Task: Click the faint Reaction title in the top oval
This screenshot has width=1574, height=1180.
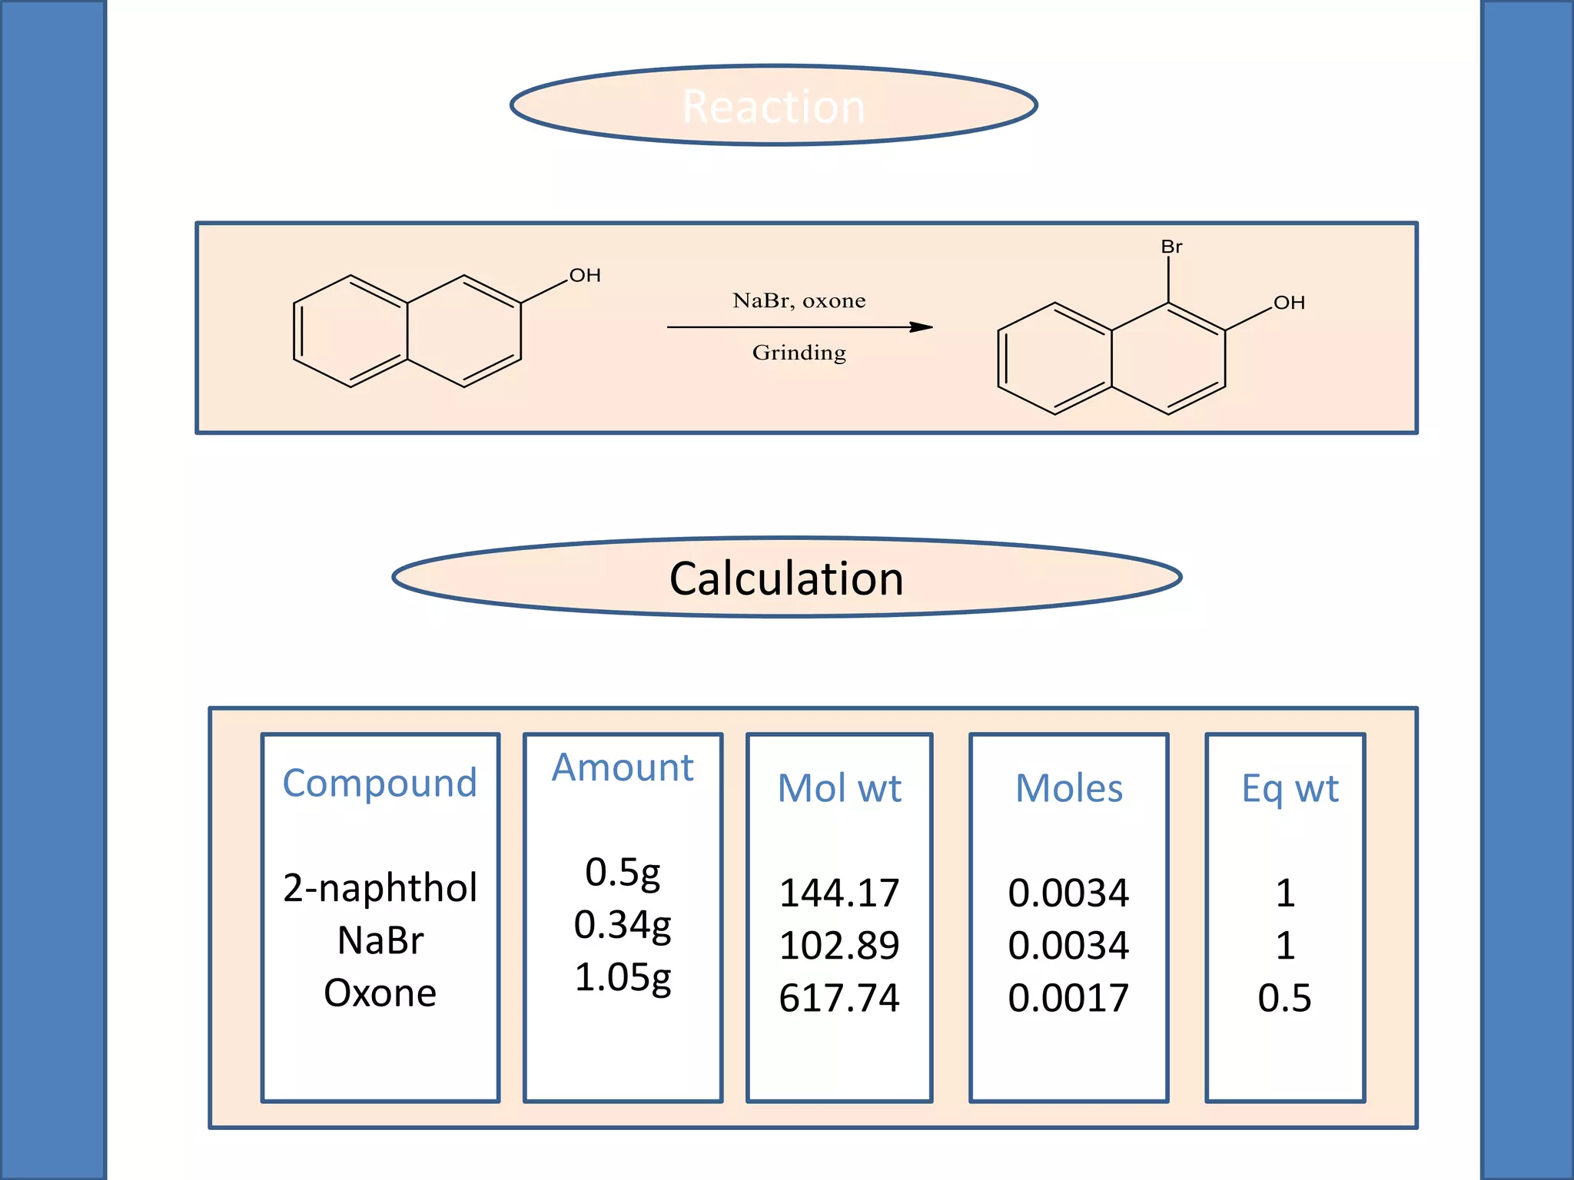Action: click(773, 106)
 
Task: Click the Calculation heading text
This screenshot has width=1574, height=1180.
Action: click(786, 578)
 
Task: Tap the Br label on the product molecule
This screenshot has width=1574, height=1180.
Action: click(1171, 247)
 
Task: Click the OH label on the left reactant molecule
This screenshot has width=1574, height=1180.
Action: click(585, 275)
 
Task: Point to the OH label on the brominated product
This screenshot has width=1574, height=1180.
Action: click(1289, 303)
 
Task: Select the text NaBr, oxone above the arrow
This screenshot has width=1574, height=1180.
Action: click(799, 300)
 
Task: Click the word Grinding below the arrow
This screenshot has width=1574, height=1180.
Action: click(799, 353)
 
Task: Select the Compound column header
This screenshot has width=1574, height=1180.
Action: click(380, 783)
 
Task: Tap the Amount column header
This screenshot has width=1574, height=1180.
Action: click(623, 767)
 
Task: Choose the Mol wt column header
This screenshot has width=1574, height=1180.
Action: click(839, 788)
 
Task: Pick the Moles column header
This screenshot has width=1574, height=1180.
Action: click(1069, 788)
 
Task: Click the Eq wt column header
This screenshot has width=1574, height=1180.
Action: click(1290, 788)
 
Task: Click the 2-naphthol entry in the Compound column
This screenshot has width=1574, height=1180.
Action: click(380, 888)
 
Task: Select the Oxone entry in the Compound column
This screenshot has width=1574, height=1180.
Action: click(380, 993)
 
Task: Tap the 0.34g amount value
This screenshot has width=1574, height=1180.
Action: click(623, 925)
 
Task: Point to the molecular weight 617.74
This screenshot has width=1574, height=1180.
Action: click(839, 998)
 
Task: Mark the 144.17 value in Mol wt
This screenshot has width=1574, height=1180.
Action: click(839, 893)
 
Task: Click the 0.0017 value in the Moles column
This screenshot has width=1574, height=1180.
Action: click(1068, 998)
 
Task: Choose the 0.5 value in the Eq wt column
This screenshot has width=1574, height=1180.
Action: click(1284, 998)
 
